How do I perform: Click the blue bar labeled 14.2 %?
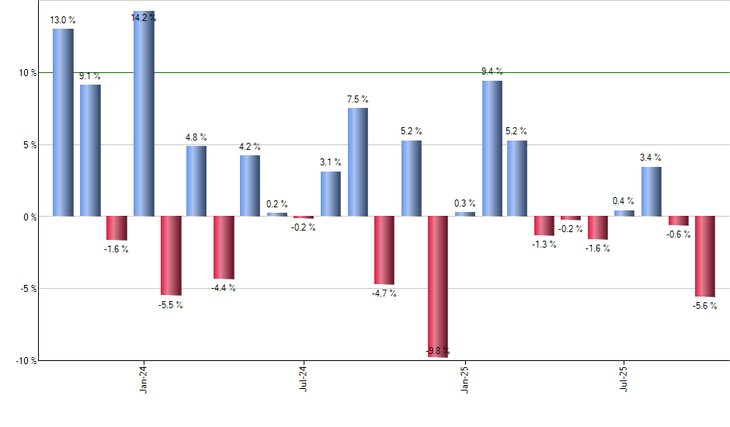coord(144,114)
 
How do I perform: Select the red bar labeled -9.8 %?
coord(438,286)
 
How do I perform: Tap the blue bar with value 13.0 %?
coord(63,123)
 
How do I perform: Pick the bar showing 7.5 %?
coord(358,161)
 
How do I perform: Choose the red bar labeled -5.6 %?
coord(705,256)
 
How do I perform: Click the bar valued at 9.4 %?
coord(492,148)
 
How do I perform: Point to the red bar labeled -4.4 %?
coord(224,247)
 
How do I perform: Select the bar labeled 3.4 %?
coord(652,191)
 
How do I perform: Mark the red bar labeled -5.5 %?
coord(171,255)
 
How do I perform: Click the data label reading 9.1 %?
coord(90,76)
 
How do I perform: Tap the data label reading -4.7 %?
coord(384,293)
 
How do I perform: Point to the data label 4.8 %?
coord(196,137)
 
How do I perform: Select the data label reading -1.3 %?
coord(544,245)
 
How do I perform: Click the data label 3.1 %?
coord(331,162)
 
